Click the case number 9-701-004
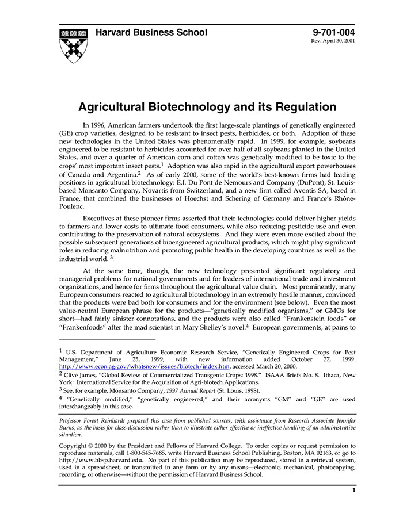tap(334, 32)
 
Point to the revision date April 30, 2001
tap(340, 41)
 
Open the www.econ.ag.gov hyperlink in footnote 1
tap(145, 366)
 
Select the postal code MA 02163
tap(313, 453)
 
